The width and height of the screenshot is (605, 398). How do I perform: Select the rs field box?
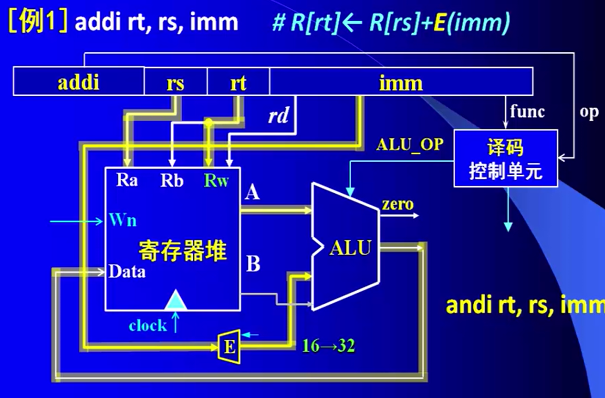[x=175, y=83]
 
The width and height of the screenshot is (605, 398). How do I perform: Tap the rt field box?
[x=238, y=83]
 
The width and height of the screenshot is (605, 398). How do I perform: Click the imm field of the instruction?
[x=400, y=83]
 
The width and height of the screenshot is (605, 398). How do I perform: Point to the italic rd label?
[x=278, y=116]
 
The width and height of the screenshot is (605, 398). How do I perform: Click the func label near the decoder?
[x=527, y=111]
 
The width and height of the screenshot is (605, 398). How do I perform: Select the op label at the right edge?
[x=589, y=112]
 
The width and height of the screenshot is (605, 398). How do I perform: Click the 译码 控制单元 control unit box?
[x=506, y=159]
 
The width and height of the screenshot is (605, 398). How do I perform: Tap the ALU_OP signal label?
[x=409, y=145]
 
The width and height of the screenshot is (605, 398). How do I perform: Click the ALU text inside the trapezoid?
[x=350, y=248]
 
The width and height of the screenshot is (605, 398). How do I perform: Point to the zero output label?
[x=397, y=204]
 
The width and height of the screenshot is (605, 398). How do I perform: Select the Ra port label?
[x=127, y=180]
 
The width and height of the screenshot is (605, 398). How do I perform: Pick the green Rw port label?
[x=216, y=180]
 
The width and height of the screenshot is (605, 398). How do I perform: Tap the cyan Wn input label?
[x=123, y=220]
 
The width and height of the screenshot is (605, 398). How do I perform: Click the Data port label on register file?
[x=127, y=271]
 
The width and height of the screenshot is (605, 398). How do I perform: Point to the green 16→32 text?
[x=329, y=346]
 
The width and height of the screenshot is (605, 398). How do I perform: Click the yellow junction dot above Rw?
[x=208, y=122]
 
